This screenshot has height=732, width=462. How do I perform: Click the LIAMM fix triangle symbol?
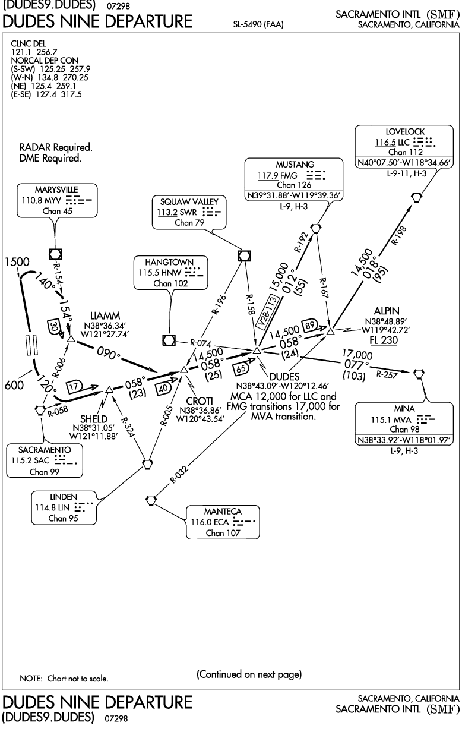click(x=71, y=339)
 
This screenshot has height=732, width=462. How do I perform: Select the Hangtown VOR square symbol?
click(x=169, y=340)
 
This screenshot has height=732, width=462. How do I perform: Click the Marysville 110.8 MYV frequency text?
click(x=42, y=200)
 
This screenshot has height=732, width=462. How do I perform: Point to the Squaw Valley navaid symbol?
click(x=244, y=256)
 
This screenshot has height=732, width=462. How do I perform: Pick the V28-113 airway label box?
click(x=267, y=311)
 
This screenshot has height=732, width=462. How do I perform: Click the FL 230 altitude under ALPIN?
click(x=384, y=340)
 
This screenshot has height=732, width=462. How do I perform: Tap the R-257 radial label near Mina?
click(x=387, y=374)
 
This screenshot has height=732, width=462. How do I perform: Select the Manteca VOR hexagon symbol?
click(x=150, y=500)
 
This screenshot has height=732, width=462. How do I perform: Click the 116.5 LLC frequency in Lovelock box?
click(x=392, y=142)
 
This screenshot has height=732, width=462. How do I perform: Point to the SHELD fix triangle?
click(x=109, y=389)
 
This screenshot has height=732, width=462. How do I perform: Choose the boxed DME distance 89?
click(x=309, y=325)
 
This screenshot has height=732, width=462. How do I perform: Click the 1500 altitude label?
click(x=17, y=262)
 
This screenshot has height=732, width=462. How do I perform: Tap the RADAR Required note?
click(x=56, y=147)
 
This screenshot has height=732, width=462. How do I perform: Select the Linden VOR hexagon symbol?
click(x=148, y=464)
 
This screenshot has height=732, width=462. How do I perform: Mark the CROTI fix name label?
click(x=199, y=401)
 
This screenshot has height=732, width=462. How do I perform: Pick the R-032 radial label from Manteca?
click(x=179, y=475)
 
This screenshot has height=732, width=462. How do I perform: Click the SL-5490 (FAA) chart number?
click(x=258, y=24)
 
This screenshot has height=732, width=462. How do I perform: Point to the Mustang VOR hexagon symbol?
click(x=315, y=228)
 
